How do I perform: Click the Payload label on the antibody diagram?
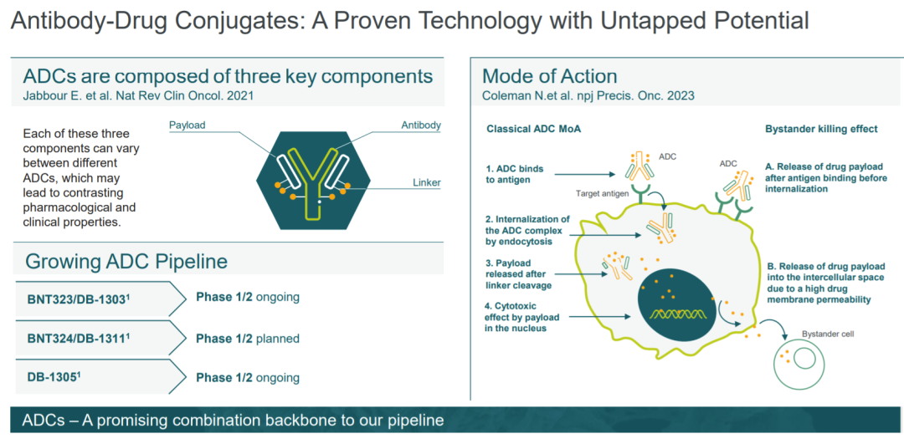tap(187, 125)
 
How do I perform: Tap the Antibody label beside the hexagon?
tap(421, 125)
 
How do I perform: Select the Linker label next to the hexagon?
tap(427, 183)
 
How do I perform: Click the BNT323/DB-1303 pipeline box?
tap(99, 299)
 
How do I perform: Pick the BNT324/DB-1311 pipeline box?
tap(99, 338)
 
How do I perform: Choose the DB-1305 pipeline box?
tap(99, 377)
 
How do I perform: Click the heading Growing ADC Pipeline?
tap(126, 262)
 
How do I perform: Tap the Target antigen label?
tap(602, 193)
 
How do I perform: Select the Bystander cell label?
tap(827, 334)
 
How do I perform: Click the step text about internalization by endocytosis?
tap(527, 230)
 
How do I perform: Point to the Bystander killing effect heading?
tap(822, 129)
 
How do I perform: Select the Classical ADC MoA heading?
tap(534, 129)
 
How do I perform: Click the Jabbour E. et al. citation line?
tap(138, 95)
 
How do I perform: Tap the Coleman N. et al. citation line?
tap(588, 95)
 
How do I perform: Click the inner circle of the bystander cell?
tap(804, 359)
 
